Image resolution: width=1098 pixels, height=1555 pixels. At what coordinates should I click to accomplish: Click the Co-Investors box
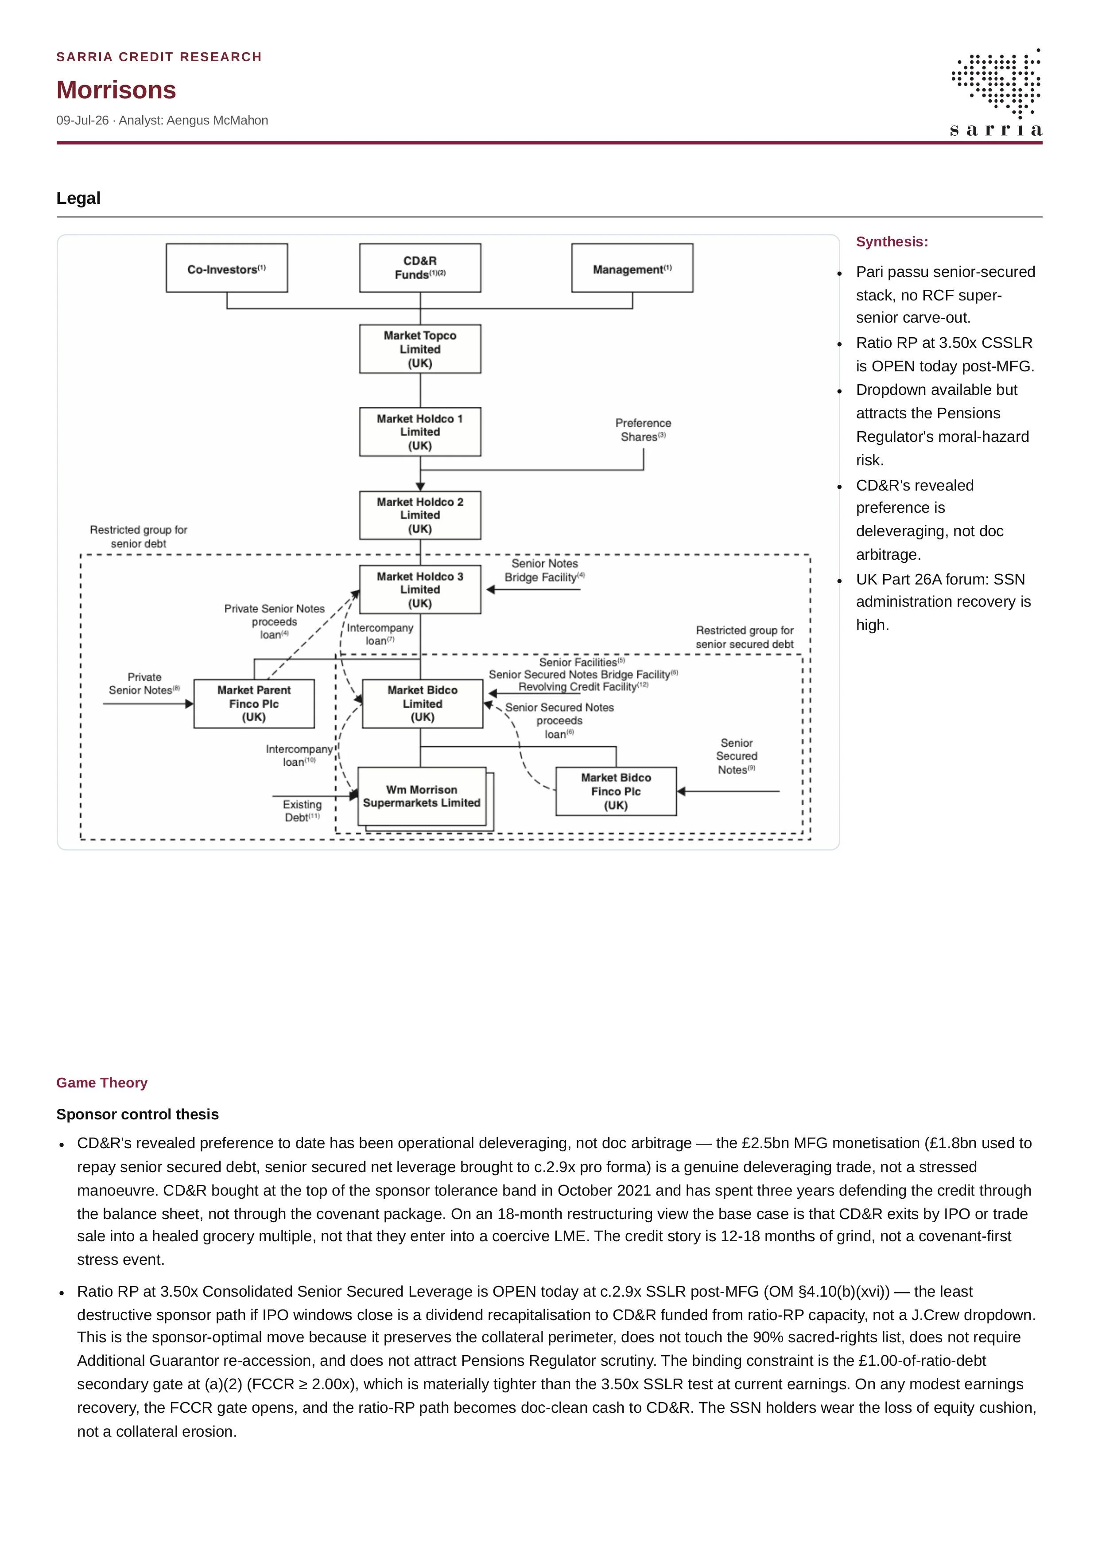227,268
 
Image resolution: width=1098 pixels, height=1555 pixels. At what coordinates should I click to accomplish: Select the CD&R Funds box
420,268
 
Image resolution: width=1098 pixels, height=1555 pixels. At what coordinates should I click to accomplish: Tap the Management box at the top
632,268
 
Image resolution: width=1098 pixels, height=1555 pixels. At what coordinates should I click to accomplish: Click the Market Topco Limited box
420,349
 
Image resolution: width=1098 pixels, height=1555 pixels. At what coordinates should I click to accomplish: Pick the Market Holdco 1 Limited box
420,432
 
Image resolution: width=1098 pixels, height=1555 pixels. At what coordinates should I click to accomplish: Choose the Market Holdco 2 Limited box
420,515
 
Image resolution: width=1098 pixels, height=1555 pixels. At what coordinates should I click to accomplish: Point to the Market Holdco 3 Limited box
420,589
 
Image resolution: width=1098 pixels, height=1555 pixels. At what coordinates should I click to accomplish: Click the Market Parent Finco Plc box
254,704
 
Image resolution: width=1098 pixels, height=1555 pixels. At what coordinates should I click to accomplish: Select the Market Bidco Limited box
423,704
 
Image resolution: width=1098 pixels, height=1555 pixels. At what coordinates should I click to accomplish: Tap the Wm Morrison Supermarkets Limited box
423,797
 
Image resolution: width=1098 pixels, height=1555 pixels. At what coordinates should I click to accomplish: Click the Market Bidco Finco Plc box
616,791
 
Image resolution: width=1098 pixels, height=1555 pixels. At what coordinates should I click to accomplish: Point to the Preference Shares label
643,430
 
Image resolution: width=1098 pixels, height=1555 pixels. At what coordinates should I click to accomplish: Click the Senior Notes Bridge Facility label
544,570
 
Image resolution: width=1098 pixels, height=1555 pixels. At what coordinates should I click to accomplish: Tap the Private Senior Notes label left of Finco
144,683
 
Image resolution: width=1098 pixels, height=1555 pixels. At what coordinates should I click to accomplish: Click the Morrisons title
116,90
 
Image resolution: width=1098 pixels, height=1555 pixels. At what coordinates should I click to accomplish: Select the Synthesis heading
892,242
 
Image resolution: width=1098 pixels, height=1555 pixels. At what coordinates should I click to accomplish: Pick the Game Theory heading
101,1082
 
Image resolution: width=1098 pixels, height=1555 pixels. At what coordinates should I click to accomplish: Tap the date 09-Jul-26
82,121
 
